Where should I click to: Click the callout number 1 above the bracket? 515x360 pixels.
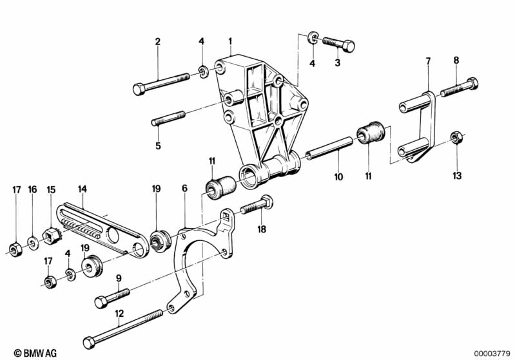pyautogui.click(x=229, y=42)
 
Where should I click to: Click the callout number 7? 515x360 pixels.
pyautogui.click(x=427, y=61)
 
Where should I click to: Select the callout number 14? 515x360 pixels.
pyautogui.click(x=82, y=189)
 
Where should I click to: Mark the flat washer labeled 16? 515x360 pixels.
pyautogui.click(x=32, y=243)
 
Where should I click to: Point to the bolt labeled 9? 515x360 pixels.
pyautogui.click(x=112, y=297)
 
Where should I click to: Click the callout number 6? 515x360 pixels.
pyautogui.click(x=184, y=189)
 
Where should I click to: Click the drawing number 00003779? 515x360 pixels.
pyautogui.click(x=492, y=352)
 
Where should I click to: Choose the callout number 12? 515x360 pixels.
pyautogui.click(x=119, y=314)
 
